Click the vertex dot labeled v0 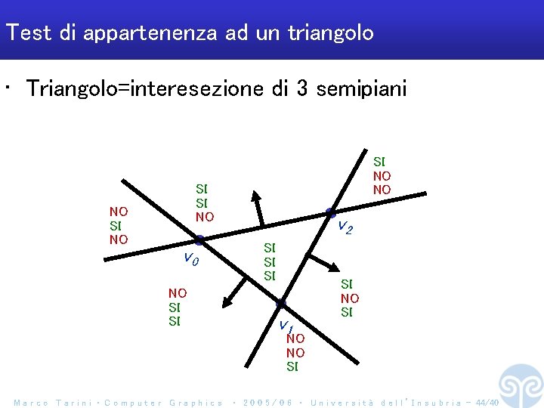coord(199,240)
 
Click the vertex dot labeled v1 coord(280,304)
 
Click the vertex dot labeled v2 coord(330,212)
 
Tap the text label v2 coord(344,226)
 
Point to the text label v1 coord(285,326)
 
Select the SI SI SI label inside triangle coord(270,261)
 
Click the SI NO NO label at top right coord(382,175)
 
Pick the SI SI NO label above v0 coord(204,202)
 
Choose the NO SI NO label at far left coord(119,225)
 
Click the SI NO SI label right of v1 coord(349,298)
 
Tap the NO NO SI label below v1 coord(295,353)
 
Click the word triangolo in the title coord(330,33)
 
